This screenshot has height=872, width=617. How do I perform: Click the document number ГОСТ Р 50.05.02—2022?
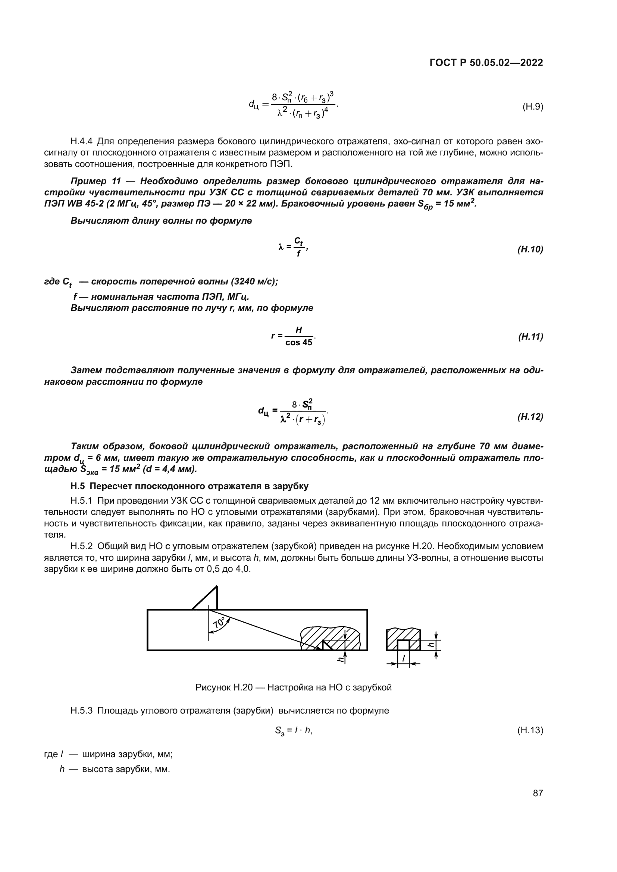tap(486, 63)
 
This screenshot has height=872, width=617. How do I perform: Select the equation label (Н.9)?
tap(533, 107)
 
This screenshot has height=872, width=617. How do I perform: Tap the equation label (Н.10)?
tap(530, 249)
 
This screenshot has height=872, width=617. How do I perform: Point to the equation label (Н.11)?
tap(530, 337)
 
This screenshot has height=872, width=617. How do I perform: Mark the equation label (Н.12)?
tap(530, 417)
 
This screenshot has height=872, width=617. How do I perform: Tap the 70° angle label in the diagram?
tap(220, 623)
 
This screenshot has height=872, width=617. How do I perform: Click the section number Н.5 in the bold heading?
tap(78, 486)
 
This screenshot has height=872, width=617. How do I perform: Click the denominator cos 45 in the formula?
tap(299, 343)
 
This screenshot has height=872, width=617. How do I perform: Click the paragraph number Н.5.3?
tap(81, 710)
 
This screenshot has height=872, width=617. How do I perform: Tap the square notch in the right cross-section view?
tap(404, 645)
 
